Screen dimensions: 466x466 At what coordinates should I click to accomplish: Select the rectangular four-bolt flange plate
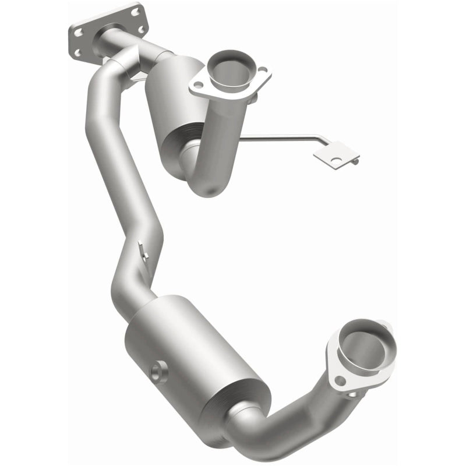pyautogui.click(x=105, y=32)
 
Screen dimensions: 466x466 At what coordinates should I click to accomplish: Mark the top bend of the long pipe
pyautogui.click(x=111, y=70)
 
